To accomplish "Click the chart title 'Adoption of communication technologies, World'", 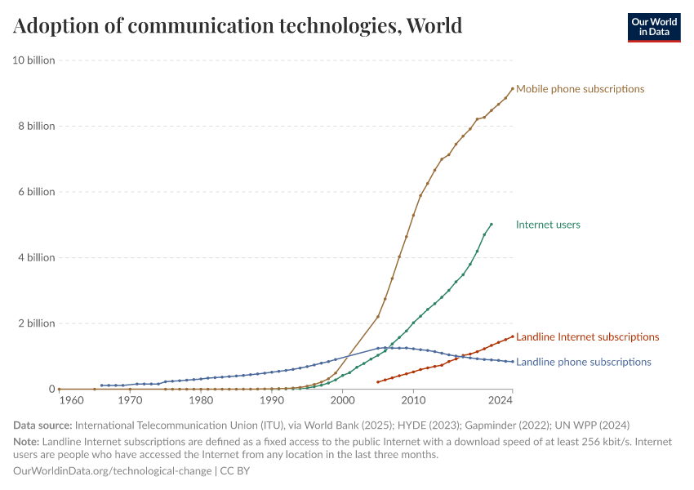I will [238, 26].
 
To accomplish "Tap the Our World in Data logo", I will [653, 27].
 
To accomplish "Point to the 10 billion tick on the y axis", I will [33, 60].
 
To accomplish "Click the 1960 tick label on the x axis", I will [71, 401].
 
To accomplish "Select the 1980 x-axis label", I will [201, 401].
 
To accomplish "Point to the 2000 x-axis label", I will [343, 401].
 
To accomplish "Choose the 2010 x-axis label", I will [414, 401].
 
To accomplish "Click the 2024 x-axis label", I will [500, 401].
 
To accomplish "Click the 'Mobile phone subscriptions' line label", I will [580, 89].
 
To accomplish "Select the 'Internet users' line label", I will [548, 225].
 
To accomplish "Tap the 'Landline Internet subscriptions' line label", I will [587, 337].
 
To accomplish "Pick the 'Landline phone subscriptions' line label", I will [583, 363].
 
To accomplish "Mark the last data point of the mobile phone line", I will [513, 88].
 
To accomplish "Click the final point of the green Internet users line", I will [492, 224].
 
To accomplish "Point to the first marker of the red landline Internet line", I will [378, 381].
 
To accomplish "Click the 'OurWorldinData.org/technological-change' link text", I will [113, 471].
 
